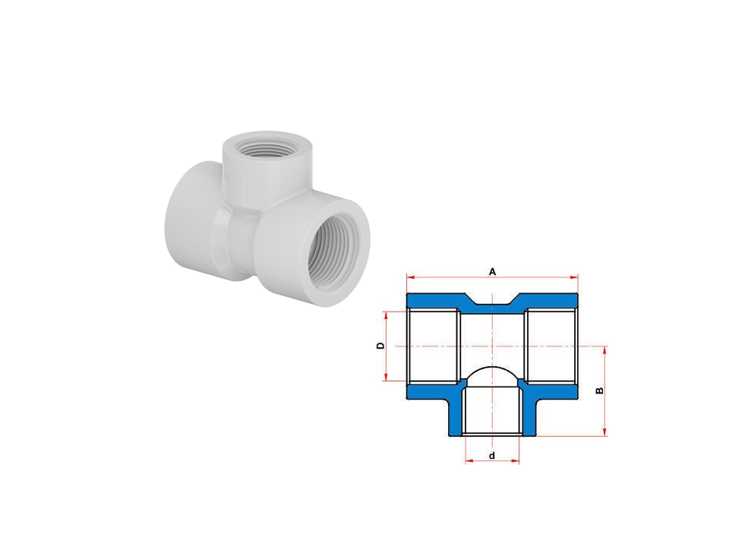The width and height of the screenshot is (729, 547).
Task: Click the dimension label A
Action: (492, 272)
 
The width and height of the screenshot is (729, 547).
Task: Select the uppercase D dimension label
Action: (380, 346)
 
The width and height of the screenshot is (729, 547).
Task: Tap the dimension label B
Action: (600, 390)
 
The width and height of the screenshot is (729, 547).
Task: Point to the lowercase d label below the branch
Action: (492, 455)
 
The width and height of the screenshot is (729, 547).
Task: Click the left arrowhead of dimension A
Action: (410, 277)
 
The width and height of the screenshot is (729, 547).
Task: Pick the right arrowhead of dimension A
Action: (574, 277)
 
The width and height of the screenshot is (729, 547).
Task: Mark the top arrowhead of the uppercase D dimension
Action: (386, 315)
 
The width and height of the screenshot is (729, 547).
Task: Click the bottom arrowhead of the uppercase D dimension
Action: (386, 378)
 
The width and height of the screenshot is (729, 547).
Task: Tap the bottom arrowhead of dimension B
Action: (604, 432)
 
